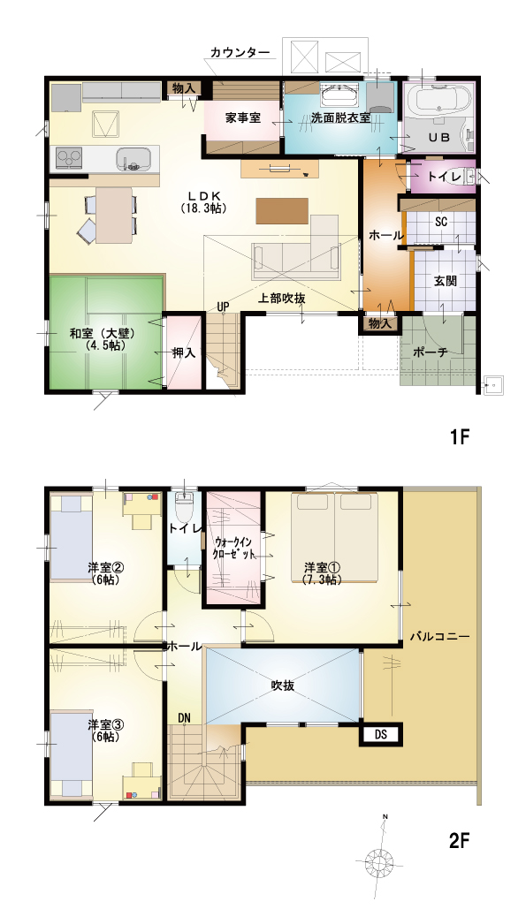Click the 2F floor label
[460, 840]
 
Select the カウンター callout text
[240, 52]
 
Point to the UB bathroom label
[438, 137]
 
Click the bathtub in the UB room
[438, 98]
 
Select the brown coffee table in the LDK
[283, 211]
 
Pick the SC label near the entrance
[441, 222]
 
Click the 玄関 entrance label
[446, 281]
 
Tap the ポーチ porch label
[430, 352]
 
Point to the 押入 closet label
[183, 353]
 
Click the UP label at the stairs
[223, 307]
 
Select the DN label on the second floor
[185, 717]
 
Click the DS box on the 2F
[380, 734]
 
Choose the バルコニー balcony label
[439, 637]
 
